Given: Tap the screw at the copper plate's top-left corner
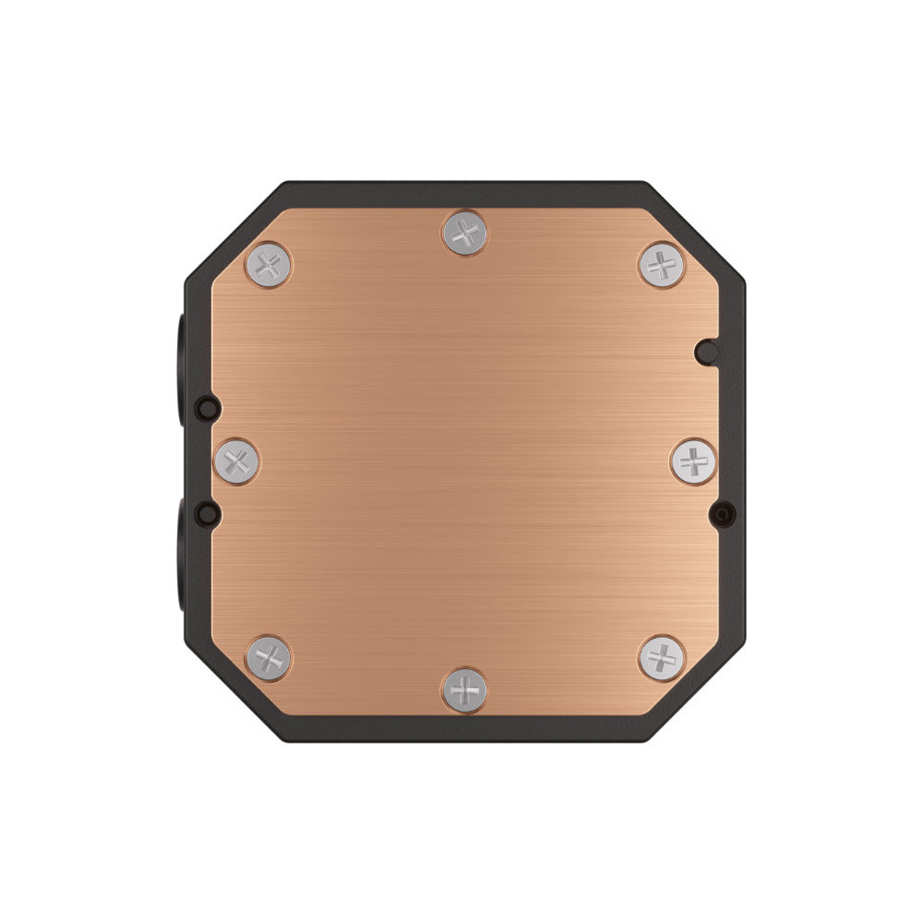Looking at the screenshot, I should (x=269, y=266).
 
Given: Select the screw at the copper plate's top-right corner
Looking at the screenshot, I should (x=661, y=265).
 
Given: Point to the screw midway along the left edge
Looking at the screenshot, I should (x=236, y=461).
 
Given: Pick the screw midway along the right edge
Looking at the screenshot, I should (x=693, y=460).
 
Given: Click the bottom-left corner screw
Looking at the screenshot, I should (x=269, y=657).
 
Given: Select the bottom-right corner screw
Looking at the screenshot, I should (x=661, y=657).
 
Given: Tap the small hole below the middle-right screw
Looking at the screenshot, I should (x=723, y=512).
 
